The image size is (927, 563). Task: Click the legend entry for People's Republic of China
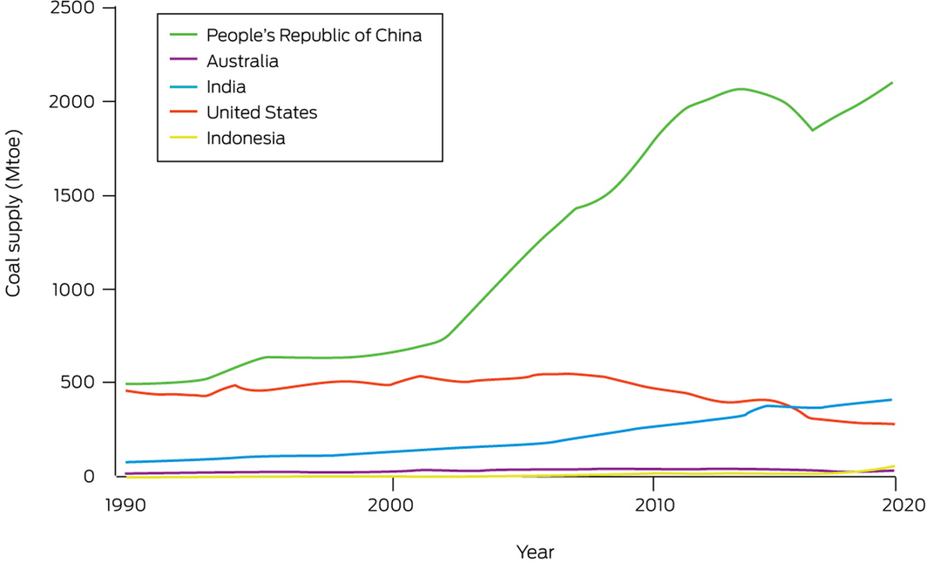point(314,36)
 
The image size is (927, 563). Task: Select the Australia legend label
point(242,61)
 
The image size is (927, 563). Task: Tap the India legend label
point(226,86)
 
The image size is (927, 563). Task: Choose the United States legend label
point(261,112)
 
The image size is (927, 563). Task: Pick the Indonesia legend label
point(246,138)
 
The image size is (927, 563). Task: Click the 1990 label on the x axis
point(123,506)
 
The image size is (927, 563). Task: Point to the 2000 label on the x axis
point(393,506)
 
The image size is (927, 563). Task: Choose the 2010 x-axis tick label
point(653,506)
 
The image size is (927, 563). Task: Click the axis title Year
point(535,552)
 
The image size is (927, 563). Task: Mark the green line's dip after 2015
point(812,130)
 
